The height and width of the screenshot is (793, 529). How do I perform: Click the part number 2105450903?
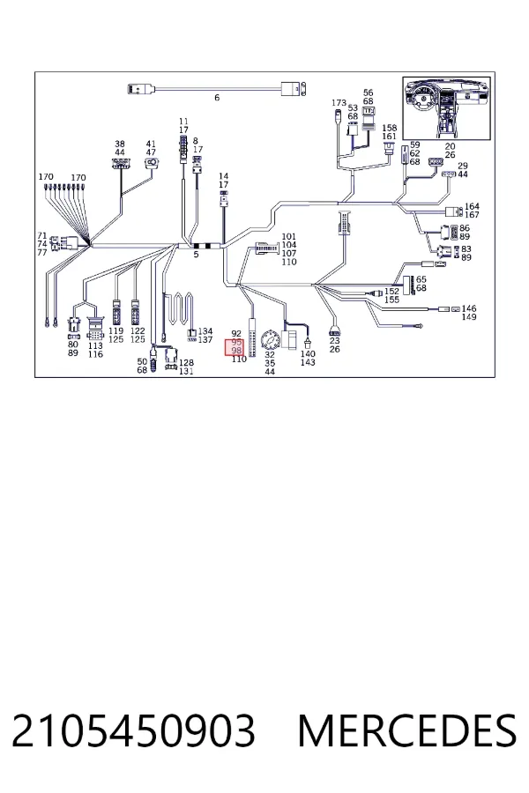point(133,730)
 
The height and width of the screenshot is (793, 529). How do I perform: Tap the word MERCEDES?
point(407,730)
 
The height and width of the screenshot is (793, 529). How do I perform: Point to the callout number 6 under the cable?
point(217,98)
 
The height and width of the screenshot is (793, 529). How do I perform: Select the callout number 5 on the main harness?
point(197,255)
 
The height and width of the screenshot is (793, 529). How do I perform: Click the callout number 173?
point(339,103)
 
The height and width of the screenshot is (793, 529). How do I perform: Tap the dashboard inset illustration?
point(446,108)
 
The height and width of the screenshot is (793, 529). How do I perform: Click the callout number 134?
point(205,331)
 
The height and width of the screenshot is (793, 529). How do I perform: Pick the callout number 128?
point(186,363)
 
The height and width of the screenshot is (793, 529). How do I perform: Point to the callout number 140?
point(308,353)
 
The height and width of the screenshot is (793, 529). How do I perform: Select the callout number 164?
point(472,206)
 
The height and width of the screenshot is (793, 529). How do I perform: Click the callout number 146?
point(469,308)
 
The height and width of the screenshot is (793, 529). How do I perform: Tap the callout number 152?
point(391,292)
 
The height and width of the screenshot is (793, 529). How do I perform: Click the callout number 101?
point(288,236)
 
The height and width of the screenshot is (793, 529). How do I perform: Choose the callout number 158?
point(390,128)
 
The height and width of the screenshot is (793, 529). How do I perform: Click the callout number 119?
point(115,330)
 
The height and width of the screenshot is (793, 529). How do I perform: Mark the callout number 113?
point(95,346)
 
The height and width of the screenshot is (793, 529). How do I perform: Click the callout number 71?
point(42,235)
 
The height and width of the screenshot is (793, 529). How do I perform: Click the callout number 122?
point(138,330)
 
